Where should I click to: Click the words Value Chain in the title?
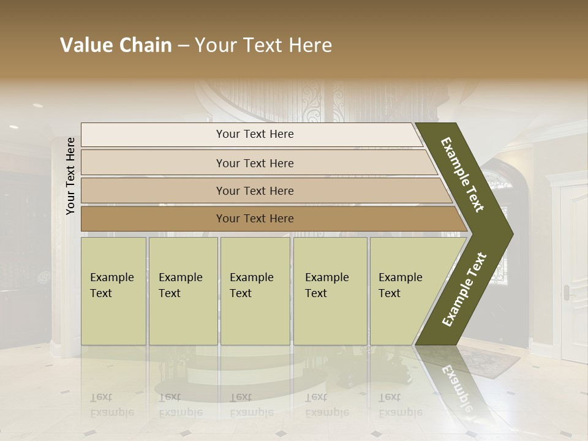[116, 45]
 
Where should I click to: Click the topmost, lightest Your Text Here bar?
[254, 134]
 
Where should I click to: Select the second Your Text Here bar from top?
[254, 163]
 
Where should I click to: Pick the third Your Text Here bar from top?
[254, 190]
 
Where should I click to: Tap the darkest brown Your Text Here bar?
[254, 219]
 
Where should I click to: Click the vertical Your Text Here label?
[71, 176]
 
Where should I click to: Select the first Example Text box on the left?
[113, 290]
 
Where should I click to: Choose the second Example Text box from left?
[183, 290]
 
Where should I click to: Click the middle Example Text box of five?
[255, 290]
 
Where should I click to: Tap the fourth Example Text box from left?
[330, 290]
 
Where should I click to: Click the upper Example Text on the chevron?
[463, 175]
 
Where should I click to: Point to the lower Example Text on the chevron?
[464, 290]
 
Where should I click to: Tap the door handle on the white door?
[567, 293]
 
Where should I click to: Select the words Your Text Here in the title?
[263, 45]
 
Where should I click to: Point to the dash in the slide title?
[183, 46]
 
